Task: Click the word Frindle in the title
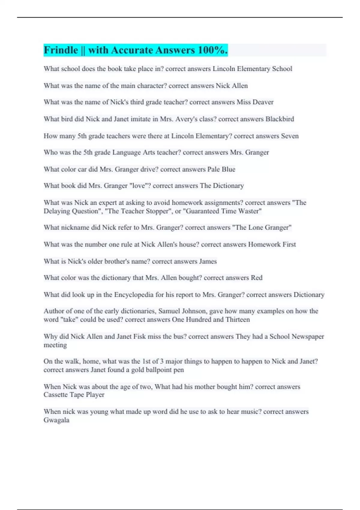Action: [61, 50]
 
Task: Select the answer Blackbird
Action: [280, 119]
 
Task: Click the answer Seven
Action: [289, 136]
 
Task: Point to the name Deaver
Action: [263, 102]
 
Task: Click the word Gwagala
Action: [56, 420]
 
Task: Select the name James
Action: [208, 261]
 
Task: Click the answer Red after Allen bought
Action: [256, 278]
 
